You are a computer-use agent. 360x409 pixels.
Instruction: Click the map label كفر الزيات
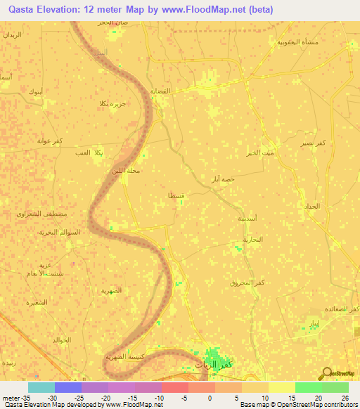pos(212,364)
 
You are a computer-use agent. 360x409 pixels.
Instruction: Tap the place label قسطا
pos(177,195)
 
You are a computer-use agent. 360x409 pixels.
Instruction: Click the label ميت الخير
pos(259,152)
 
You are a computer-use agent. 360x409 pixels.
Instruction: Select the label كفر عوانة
pos(51,141)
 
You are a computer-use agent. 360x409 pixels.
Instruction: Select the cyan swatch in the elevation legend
pos(41,387)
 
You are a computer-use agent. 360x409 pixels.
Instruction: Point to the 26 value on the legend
pos(345,398)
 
